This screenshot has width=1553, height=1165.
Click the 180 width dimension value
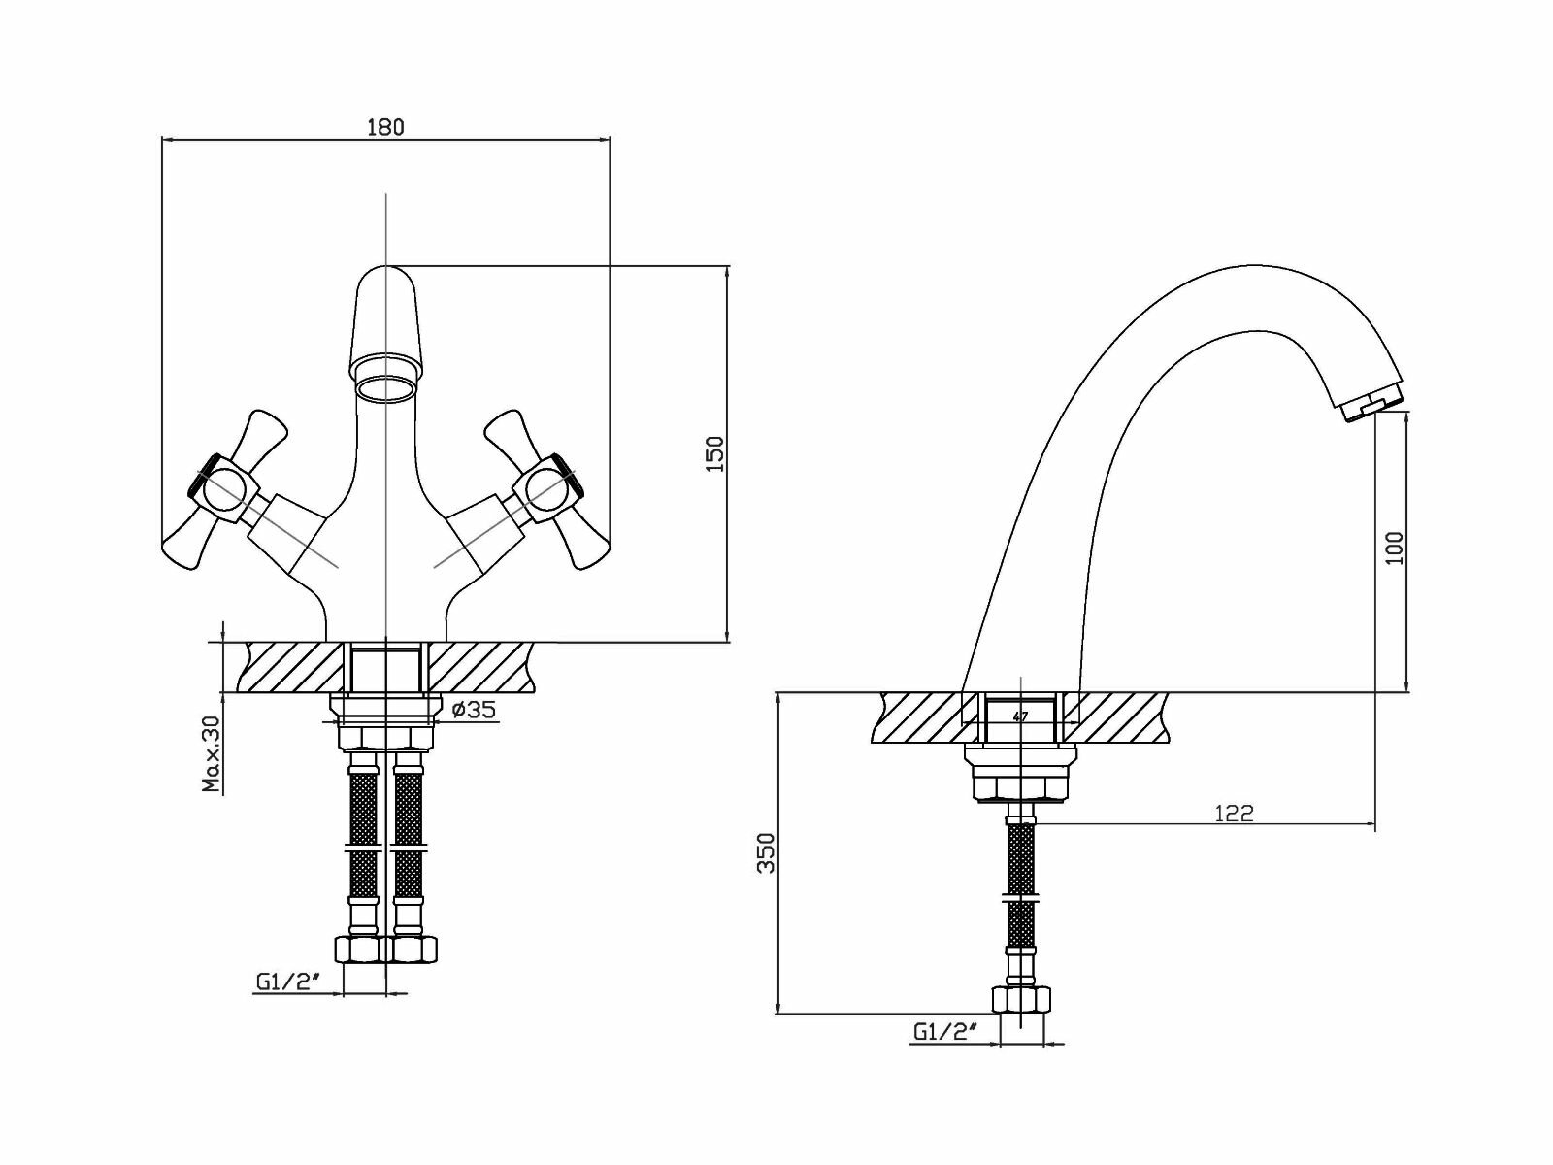(x=385, y=127)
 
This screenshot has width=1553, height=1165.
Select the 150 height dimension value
(x=713, y=454)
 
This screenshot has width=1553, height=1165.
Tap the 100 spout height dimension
(x=1395, y=549)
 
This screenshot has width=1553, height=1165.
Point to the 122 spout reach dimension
(x=1234, y=813)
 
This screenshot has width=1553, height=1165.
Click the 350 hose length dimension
(x=767, y=853)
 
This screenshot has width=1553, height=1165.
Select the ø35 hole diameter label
(x=475, y=710)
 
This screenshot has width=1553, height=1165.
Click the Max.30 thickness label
(x=212, y=754)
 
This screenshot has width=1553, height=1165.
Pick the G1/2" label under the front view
(x=289, y=982)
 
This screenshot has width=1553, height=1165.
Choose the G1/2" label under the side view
(x=944, y=1032)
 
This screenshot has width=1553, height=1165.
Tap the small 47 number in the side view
(x=1019, y=717)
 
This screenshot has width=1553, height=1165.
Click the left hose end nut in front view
(x=361, y=949)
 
